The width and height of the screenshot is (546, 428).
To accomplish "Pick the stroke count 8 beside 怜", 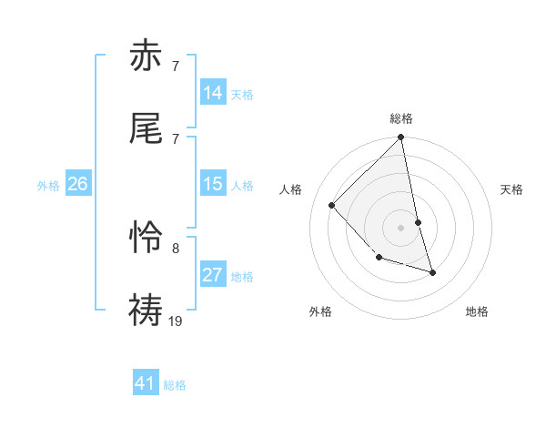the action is pos(176,248).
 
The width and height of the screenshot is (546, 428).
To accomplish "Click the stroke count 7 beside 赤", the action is pos(176,66).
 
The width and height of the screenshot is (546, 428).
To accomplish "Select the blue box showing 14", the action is pos(213,93).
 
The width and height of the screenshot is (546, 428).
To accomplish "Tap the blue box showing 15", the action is pos(213,184).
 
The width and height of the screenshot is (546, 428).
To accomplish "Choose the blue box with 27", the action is pos(213,275).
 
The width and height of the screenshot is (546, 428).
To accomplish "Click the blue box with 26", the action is pos(77,184).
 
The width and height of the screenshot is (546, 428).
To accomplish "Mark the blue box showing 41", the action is pos(146,383).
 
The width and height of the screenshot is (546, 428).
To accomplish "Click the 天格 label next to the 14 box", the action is pos(242,95).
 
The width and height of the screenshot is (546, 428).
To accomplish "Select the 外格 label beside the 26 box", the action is pos(48,186).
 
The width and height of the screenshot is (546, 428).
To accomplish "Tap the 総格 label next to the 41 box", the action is pos(175,385).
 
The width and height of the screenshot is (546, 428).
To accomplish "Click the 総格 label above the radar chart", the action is pos(401,118).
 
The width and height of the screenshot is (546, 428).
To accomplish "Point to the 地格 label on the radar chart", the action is pos(477,311).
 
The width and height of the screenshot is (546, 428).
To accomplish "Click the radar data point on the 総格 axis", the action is pos(400,138).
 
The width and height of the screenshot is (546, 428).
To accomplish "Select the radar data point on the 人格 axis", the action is pos(332,205).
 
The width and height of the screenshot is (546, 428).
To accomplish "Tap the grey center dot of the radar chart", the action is pos(400,227).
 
